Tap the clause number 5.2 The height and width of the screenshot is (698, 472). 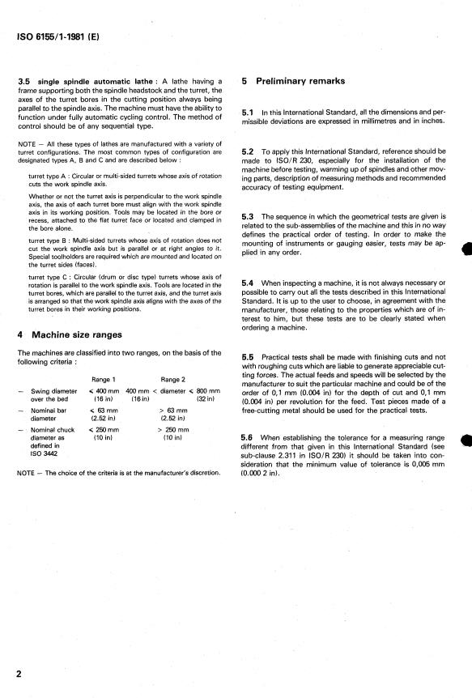point(249,151)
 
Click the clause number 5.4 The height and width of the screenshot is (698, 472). point(249,281)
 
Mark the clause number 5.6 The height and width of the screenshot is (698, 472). point(249,437)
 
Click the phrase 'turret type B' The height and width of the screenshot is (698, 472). point(50,241)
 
